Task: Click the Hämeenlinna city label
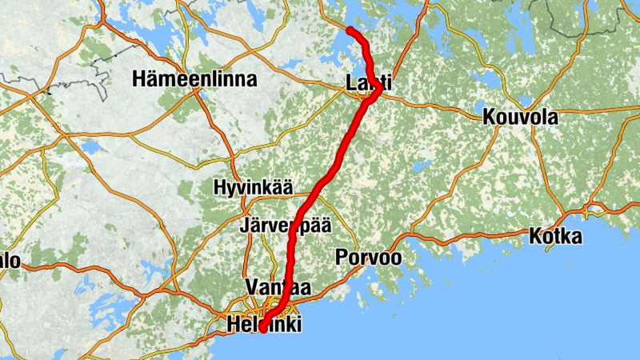coord(196,79)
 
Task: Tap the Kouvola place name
coord(520,117)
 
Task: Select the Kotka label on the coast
coord(555,236)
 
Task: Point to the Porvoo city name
coord(368,257)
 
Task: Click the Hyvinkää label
coord(252,187)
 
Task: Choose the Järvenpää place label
coord(285,225)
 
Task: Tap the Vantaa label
coord(279,286)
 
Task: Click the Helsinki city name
coord(265,325)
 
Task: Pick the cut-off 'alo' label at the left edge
coord(10,261)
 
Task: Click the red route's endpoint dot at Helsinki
coord(262,327)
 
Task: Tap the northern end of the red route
coord(350,30)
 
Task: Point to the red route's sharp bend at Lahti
coord(378,90)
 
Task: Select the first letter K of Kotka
coord(535,236)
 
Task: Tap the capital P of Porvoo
coord(342,257)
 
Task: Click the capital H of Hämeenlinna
coord(141,79)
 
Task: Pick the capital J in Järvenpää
coord(244,225)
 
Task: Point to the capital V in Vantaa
coord(254,286)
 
